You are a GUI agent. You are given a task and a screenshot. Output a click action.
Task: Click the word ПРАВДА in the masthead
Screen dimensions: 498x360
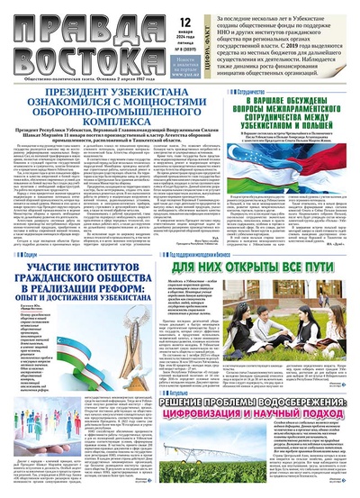[x=85, y=21]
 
